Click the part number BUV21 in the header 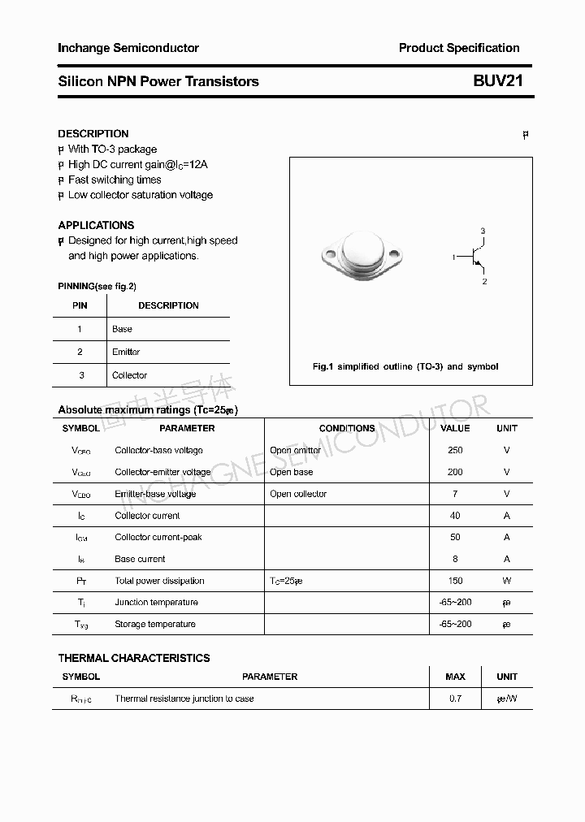pyautogui.click(x=498, y=81)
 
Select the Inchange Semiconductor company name pyautogui.click(x=128, y=48)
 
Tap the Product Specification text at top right pyautogui.click(x=459, y=48)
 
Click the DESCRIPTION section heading pyautogui.click(x=93, y=133)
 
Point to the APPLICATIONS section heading pyautogui.click(x=96, y=225)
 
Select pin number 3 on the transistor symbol pyautogui.click(x=483, y=231)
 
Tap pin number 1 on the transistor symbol pyautogui.click(x=454, y=257)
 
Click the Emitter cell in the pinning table pyautogui.click(x=126, y=352)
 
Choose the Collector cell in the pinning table pyautogui.click(x=129, y=375)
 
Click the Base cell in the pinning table pyautogui.click(x=122, y=329)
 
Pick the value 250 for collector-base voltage pyautogui.click(x=455, y=450)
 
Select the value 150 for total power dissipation pyautogui.click(x=455, y=581)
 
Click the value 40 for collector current pyautogui.click(x=455, y=516)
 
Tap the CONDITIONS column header pyautogui.click(x=347, y=428)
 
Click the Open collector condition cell pyautogui.click(x=298, y=494)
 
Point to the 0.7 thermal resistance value pyautogui.click(x=455, y=699)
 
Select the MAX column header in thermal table pyautogui.click(x=455, y=677)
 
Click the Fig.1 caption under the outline pyautogui.click(x=405, y=366)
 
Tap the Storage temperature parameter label pyautogui.click(x=155, y=624)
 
